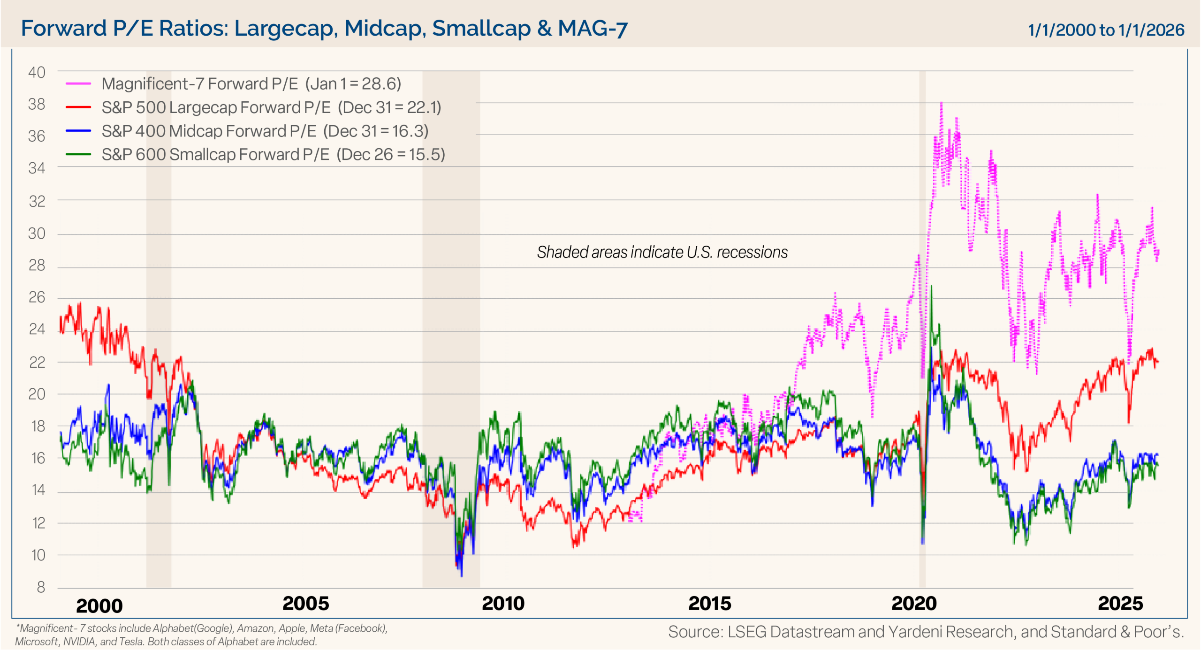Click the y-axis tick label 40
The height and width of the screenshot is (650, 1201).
click(x=37, y=73)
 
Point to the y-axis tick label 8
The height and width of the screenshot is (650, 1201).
click(x=41, y=587)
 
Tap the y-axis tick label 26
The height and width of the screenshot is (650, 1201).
click(x=37, y=297)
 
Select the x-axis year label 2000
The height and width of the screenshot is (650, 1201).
click(x=99, y=605)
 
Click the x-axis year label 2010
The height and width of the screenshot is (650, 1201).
click(x=503, y=604)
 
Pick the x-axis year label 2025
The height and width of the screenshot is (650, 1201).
click(x=1120, y=604)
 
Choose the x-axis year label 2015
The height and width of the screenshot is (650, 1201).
click(x=709, y=604)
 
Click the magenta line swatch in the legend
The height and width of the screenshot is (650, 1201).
click(x=78, y=84)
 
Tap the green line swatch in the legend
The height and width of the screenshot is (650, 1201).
click(x=78, y=154)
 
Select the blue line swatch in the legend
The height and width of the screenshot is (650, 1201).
click(x=78, y=131)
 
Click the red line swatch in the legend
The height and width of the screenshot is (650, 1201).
click(x=78, y=107)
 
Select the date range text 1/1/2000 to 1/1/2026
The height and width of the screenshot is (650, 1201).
click(x=1105, y=30)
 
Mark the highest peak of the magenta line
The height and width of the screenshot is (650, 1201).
click(x=941, y=103)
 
